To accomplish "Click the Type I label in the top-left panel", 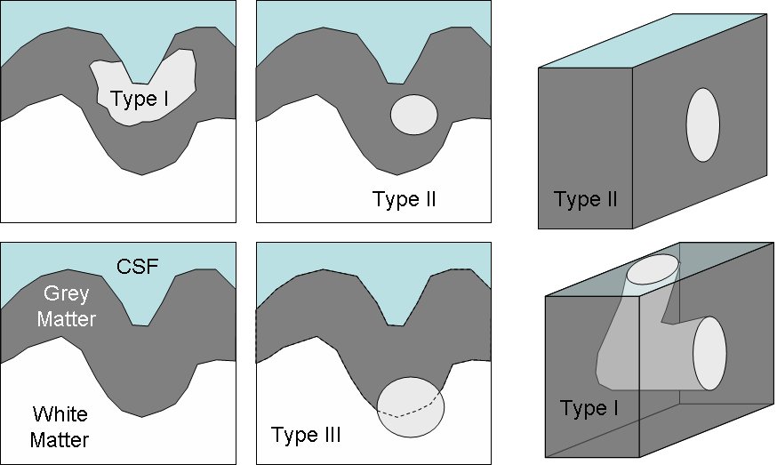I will click(x=140, y=97).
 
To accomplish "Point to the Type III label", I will click(x=306, y=436).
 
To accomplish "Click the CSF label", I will click(x=139, y=266).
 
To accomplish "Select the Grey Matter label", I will click(x=68, y=303).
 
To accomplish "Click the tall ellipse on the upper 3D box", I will click(x=702, y=124).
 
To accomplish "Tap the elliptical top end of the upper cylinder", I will click(x=653, y=271).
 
